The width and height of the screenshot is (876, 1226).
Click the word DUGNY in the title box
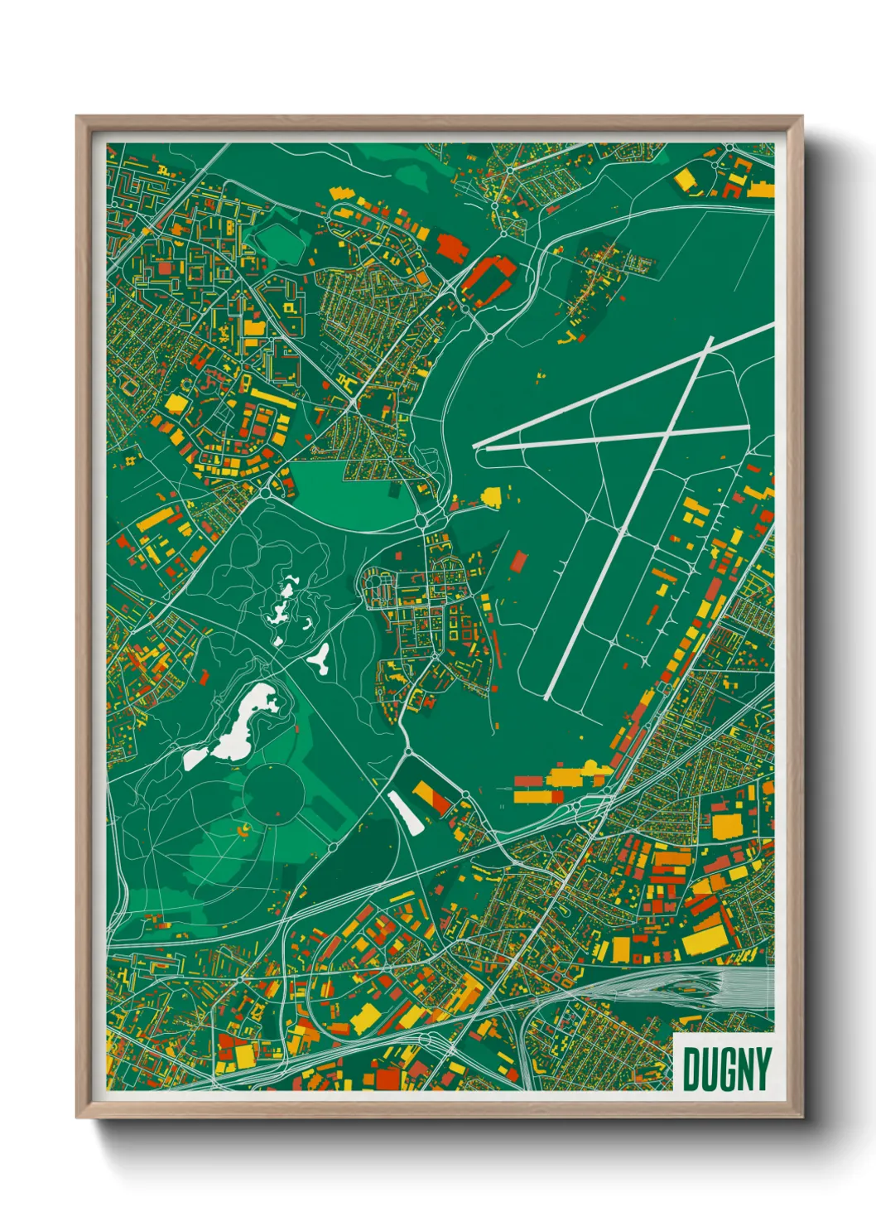(726, 1069)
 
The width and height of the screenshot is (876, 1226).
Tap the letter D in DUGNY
(691, 1069)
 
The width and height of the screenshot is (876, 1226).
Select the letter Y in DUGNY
(761, 1069)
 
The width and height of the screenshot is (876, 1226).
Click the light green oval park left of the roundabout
(348, 493)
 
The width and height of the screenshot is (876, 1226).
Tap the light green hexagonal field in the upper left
(280, 239)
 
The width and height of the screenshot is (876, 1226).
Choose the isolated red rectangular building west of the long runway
(518, 561)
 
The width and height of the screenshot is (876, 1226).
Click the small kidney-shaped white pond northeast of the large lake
(320, 657)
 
